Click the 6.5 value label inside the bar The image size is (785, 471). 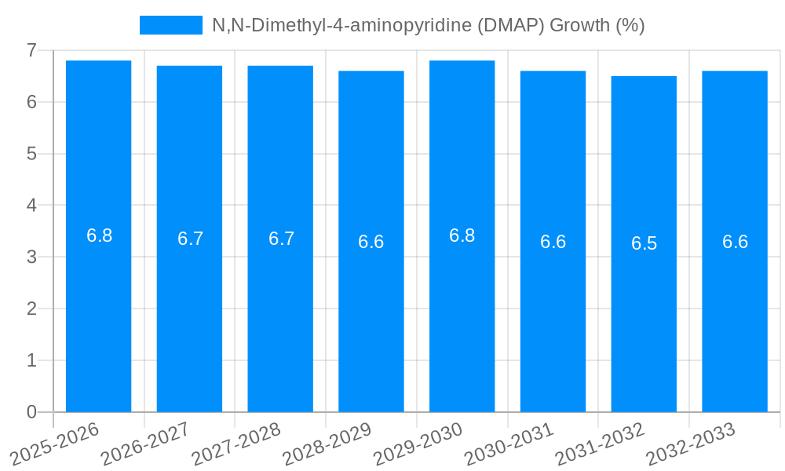click(x=644, y=243)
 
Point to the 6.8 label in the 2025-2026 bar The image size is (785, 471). click(x=99, y=235)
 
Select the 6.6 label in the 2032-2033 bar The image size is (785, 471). click(x=735, y=242)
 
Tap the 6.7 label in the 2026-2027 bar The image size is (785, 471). click(x=190, y=239)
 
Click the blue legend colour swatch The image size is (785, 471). click(x=170, y=25)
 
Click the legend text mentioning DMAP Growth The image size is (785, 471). click(x=428, y=25)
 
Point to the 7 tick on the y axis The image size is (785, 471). click(x=31, y=50)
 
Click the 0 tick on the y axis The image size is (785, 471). click(x=31, y=412)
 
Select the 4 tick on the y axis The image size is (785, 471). click(x=31, y=206)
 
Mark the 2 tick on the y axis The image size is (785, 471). click(x=31, y=309)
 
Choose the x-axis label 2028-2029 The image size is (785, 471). click(x=327, y=444)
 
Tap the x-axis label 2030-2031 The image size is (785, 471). click(x=509, y=444)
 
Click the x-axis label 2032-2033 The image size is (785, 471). click(x=690, y=444)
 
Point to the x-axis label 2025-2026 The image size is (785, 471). click(x=54, y=444)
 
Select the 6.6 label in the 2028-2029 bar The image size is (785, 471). click(x=371, y=242)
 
